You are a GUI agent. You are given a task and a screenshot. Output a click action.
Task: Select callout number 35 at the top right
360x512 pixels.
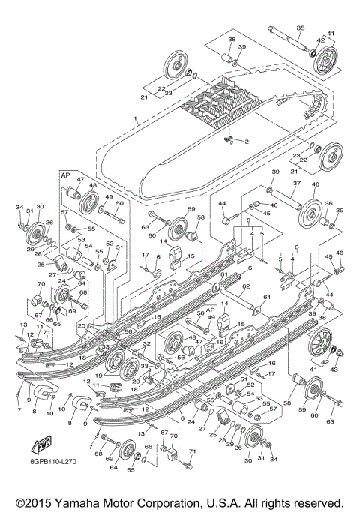click(x=299, y=29)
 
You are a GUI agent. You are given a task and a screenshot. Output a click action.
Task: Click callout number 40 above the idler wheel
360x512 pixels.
click(x=315, y=185)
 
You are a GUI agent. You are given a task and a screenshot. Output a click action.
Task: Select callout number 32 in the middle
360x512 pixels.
click(x=147, y=343)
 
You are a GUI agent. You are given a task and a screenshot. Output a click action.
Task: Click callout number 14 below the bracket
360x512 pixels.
click(x=224, y=304)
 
